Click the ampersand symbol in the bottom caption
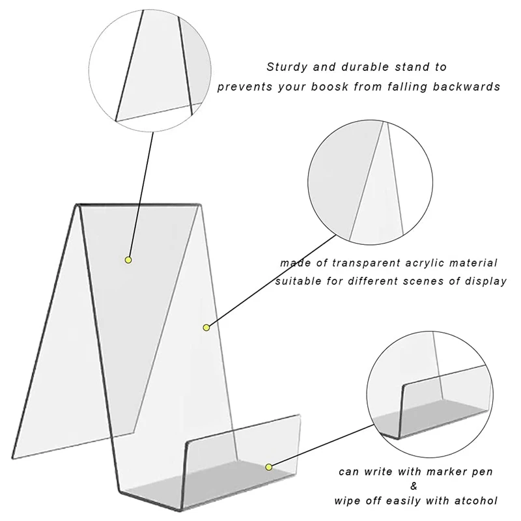(x=417, y=486)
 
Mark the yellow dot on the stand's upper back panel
(x=128, y=260)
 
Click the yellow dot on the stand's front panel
(x=206, y=326)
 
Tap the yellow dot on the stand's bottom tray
(x=268, y=466)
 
